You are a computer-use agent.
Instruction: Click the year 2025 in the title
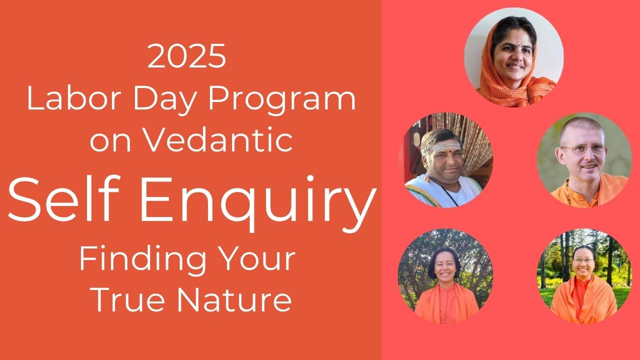187,56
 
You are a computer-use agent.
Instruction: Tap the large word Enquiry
257,203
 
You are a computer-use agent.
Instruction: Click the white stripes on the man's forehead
446,147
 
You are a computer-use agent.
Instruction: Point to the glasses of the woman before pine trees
583,260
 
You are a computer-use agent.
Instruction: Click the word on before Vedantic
110,142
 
